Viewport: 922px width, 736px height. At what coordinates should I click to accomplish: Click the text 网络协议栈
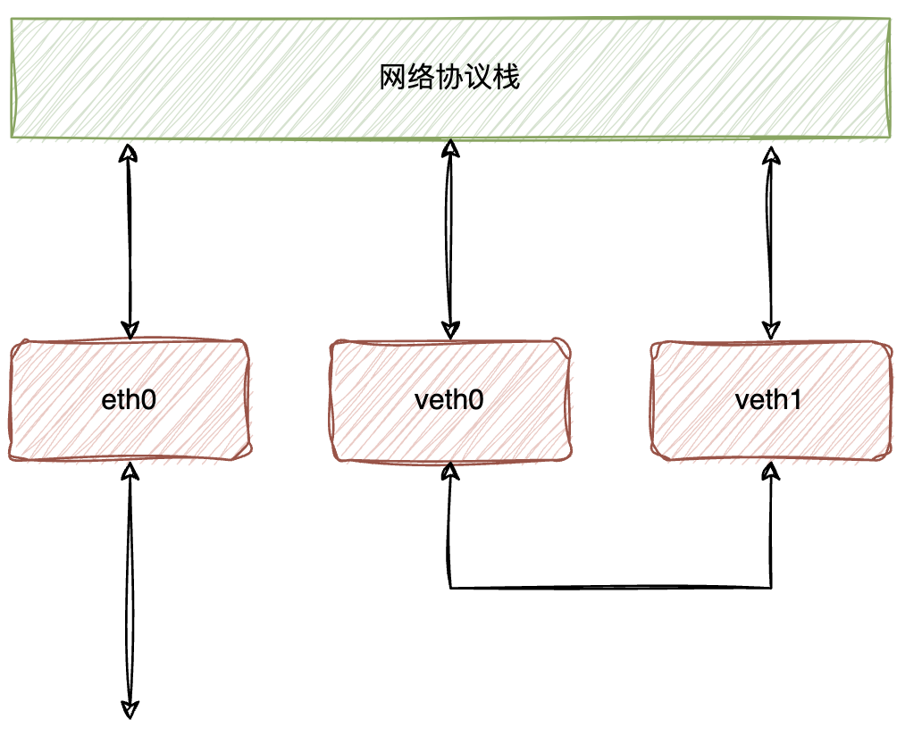pyautogui.click(x=449, y=78)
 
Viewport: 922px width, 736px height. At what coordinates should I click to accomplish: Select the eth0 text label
pyautogui.click(x=130, y=400)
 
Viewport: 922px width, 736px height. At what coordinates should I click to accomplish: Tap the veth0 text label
pyautogui.click(x=449, y=400)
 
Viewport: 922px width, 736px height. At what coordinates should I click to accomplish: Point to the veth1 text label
pyautogui.click(x=768, y=400)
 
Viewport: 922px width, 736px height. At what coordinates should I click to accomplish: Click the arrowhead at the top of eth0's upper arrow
pyautogui.click(x=130, y=154)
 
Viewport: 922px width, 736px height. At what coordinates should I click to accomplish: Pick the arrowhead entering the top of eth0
pyautogui.click(x=130, y=330)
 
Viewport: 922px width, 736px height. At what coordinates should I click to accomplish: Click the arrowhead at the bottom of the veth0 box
pyautogui.click(x=450, y=471)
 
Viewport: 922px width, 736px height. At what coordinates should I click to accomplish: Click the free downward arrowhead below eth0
pyautogui.click(x=130, y=709)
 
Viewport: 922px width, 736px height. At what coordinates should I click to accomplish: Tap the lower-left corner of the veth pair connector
pyautogui.click(x=450, y=588)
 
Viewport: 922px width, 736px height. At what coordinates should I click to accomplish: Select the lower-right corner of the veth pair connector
pyautogui.click(x=770, y=588)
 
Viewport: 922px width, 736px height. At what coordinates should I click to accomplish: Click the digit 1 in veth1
pyautogui.click(x=795, y=400)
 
